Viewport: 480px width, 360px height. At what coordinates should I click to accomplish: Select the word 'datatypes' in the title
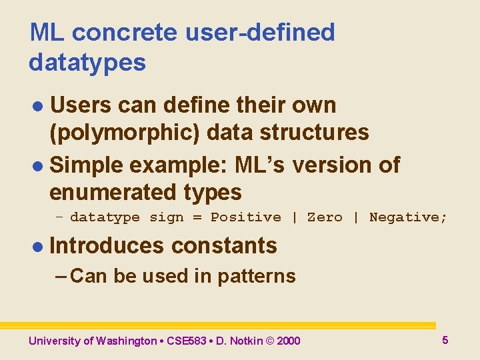(x=87, y=63)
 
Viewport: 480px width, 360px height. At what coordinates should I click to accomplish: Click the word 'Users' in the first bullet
(x=82, y=105)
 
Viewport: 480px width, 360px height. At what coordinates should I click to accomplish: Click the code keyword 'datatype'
(x=105, y=217)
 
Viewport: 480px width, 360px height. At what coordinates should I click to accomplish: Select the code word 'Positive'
(x=246, y=217)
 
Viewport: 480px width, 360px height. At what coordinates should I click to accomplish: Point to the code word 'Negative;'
(x=408, y=217)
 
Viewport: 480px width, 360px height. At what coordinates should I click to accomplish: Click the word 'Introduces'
(x=107, y=246)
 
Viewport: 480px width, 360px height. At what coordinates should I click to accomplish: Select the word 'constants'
(x=224, y=246)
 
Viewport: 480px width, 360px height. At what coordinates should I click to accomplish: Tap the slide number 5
(x=445, y=340)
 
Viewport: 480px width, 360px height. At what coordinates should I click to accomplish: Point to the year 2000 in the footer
(x=288, y=341)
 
